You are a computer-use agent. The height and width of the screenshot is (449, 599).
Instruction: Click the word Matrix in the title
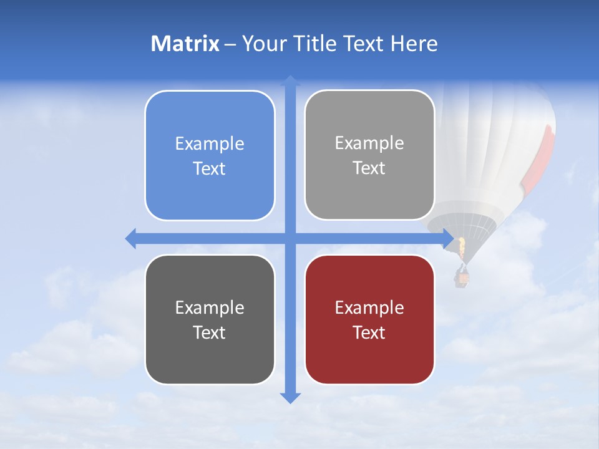(185, 44)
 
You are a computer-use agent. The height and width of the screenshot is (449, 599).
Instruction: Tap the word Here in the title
(414, 44)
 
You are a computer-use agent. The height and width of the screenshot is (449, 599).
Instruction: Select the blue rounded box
(210, 156)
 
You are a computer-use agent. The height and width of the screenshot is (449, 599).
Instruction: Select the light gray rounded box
(369, 155)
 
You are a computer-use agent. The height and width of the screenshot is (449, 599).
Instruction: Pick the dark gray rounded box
(210, 320)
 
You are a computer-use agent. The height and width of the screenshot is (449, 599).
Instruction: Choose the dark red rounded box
(369, 320)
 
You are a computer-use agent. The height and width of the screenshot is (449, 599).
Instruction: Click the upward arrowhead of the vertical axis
(290, 80)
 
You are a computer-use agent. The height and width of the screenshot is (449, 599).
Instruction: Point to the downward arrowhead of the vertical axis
(290, 397)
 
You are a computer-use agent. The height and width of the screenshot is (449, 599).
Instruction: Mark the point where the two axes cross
(290, 238)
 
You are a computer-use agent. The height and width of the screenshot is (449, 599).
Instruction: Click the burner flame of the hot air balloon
(462, 248)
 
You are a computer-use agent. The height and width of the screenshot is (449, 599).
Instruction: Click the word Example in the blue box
(210, 143)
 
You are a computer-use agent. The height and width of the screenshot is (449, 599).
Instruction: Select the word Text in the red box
(369, 332)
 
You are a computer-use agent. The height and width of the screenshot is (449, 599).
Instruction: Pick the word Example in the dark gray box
(210, 307)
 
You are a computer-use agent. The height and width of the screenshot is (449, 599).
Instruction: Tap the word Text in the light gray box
(369, 168)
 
